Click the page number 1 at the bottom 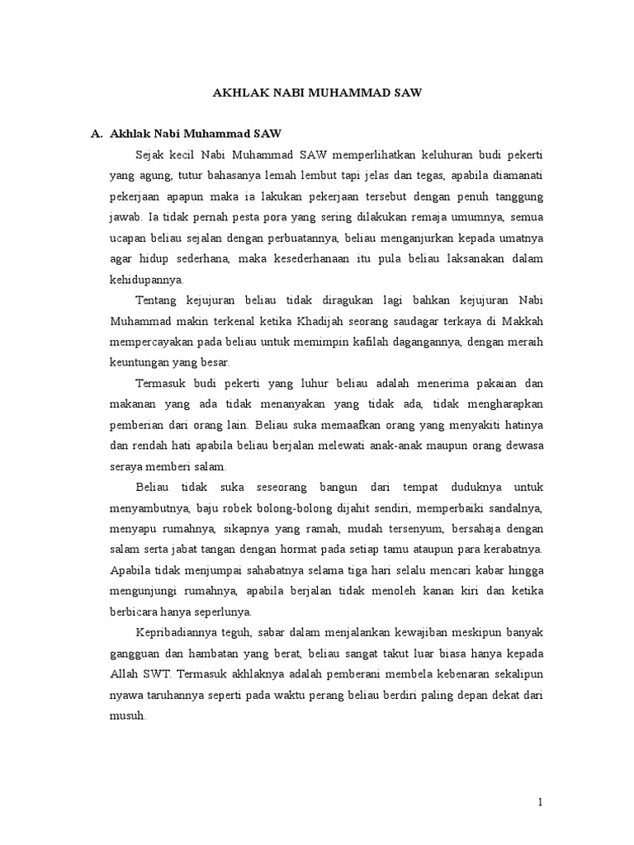(539, 802)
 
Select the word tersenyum (396, 527)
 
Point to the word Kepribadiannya (175, 631)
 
